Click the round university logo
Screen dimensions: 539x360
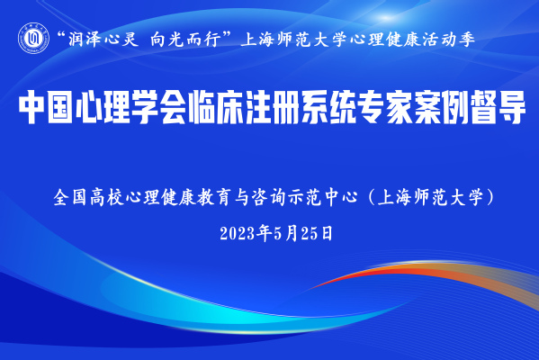33,38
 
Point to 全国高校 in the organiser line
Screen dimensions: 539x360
88,197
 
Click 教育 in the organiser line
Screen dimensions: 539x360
214,197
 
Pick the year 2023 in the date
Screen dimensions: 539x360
238,234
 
